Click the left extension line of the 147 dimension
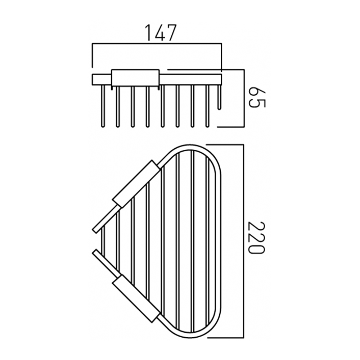(x=93, y=56)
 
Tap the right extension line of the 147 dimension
(x=221, y=58)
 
